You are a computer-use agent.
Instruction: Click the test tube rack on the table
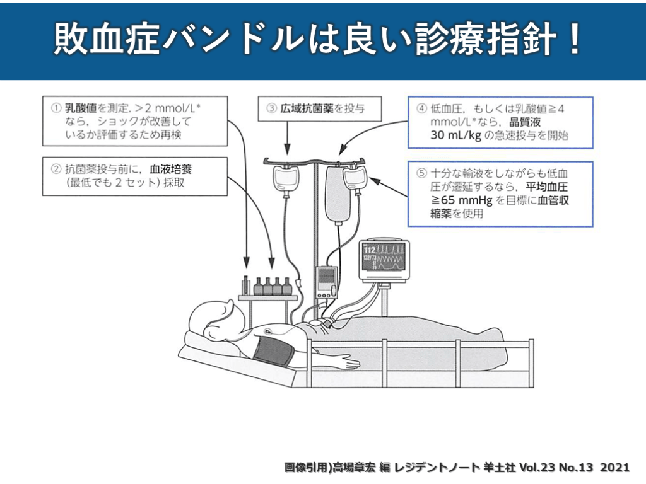pyautogui.click(x=245, y=287)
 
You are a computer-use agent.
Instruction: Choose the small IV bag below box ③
pyautogui.click(x=285, y=179)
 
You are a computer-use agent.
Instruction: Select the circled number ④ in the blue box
pyautogui.click(x=421, y=108)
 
